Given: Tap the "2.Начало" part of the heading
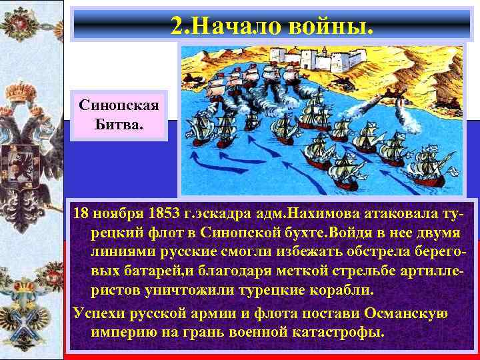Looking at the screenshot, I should pos(220,26).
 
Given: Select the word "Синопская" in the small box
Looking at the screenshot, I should pos(119,106).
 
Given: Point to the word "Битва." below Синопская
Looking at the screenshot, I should pos(119,123).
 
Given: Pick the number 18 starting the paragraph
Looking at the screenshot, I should pos(81,214).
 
